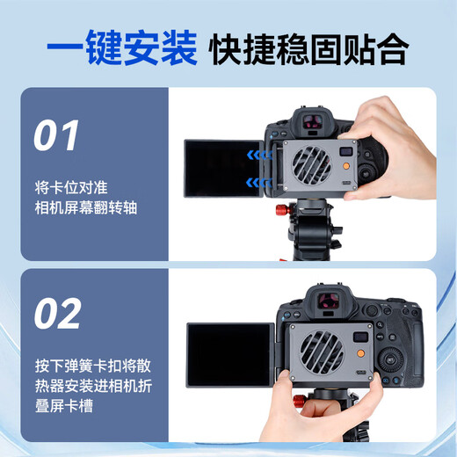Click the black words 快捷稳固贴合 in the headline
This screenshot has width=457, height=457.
308,49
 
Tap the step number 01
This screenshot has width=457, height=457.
58,136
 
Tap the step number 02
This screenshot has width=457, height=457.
58,314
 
